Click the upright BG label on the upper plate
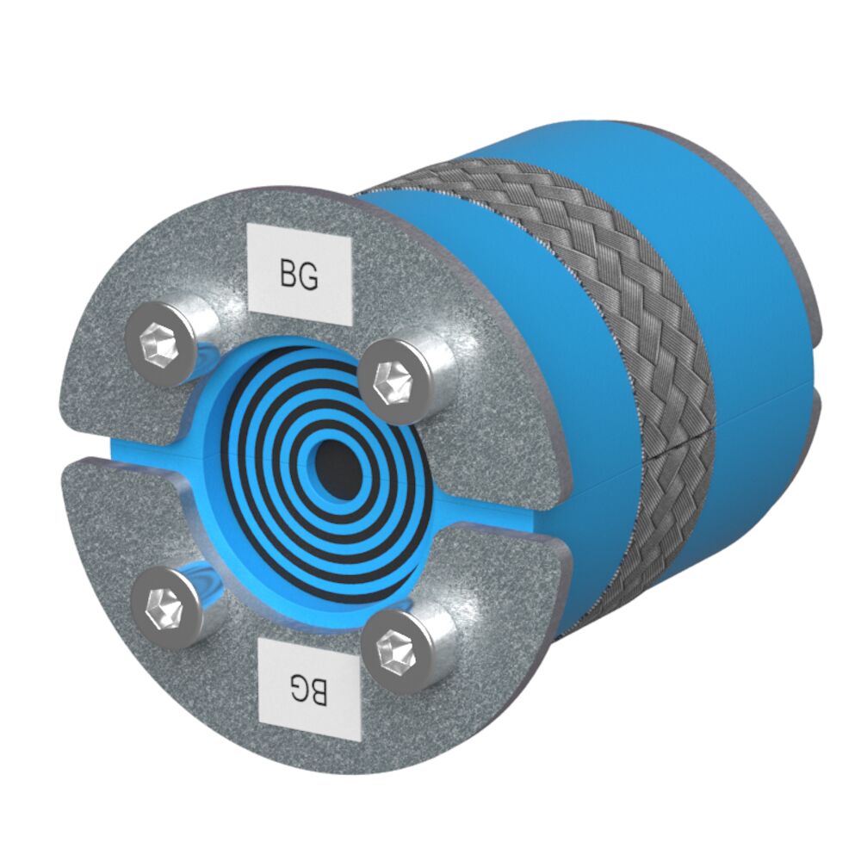[x=300, y=275]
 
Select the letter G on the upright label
[x=311, y=276]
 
